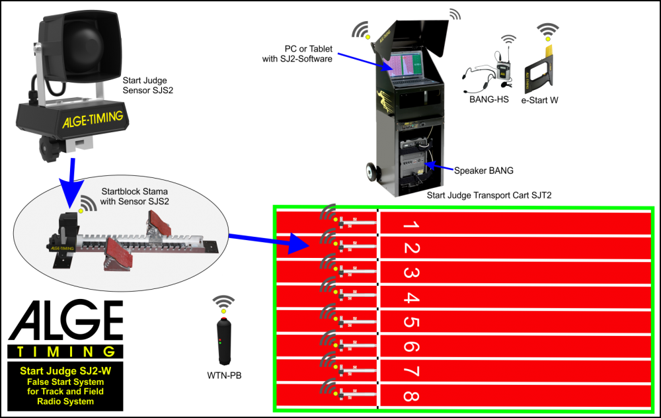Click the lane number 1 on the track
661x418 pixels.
click(x=410, y=225)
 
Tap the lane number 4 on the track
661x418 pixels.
click(x=410, y=298)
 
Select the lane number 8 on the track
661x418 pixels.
click(x=410, y=396)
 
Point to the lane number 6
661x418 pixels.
click(x=410, y=347)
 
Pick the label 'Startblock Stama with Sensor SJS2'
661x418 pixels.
click(x=132, y=196)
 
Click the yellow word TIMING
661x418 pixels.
click(x=66, y=352)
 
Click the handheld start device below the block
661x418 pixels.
click(x=224, y=341)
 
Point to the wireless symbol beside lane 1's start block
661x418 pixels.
click(x=327, y=212)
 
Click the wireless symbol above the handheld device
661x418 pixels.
click(x=223, y=302)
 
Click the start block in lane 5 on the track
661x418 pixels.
click(x=357, y=322)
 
